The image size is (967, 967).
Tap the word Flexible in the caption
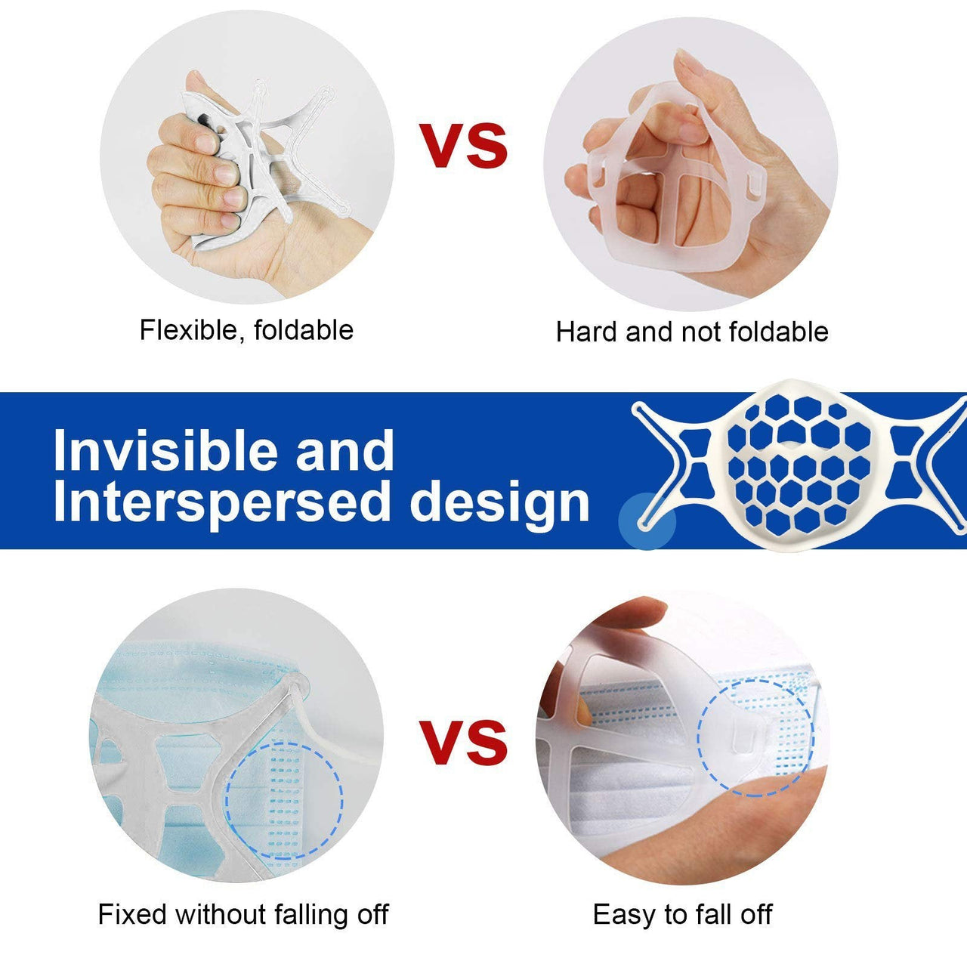190,330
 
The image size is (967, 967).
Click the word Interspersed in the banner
224,502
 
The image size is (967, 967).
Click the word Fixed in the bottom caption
134,914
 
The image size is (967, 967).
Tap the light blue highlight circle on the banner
647,521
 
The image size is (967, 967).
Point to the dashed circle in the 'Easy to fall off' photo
755,736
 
